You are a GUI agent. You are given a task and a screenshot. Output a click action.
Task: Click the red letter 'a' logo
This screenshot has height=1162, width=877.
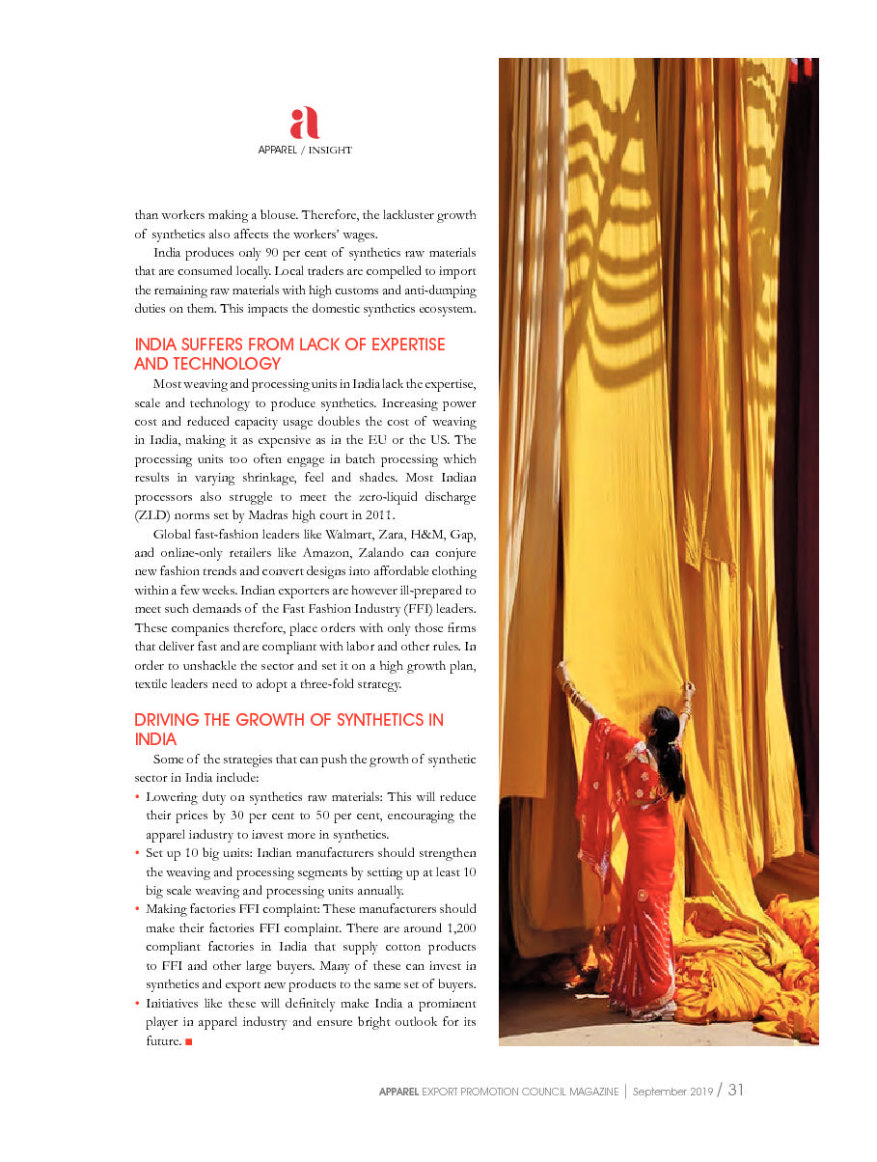(304, 124)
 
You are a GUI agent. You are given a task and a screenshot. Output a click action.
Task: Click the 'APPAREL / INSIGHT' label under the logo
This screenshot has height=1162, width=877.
(304, 151)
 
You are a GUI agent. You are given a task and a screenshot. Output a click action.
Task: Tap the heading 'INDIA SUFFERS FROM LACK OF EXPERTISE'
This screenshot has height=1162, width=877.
(289, 345)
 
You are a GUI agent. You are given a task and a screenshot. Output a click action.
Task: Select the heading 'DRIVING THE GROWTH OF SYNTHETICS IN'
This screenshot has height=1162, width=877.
(289, 720)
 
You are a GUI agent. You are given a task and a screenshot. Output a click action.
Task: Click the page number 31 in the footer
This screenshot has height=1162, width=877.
(736, 1091)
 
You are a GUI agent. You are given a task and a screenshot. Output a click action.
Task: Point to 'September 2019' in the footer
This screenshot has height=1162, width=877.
(672, 1092)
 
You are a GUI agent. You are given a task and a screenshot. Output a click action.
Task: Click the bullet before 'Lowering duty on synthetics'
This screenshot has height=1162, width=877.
(138, 797)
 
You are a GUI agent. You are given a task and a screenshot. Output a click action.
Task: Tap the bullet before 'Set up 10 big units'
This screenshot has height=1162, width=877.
(138, 853)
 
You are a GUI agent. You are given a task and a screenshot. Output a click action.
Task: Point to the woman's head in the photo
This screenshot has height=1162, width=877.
(666, 720)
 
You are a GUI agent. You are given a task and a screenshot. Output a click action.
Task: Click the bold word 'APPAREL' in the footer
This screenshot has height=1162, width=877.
(398, 1092)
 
